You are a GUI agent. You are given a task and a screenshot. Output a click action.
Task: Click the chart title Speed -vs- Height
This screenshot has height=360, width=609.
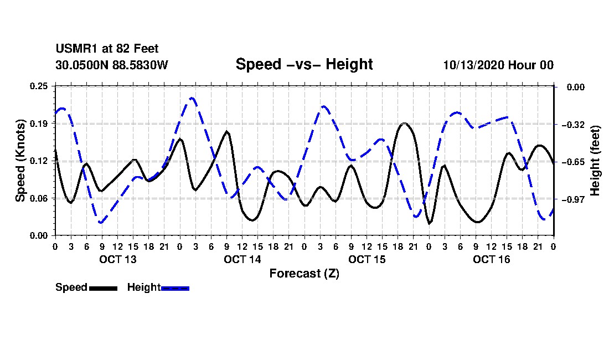pyautogui.click(x=304, y=64)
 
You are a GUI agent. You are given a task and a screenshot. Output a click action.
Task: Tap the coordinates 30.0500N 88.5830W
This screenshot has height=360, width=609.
pyautogui.click(x=111, y=65)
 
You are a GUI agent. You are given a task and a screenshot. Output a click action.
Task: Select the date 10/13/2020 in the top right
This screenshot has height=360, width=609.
pyautogui.click(x=473, y=65)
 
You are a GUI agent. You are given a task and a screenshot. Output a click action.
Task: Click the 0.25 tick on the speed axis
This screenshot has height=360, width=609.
pyautogui.click(x=39, y=86)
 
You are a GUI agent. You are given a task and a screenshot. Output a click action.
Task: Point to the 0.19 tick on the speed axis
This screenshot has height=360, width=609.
pyautogui.click(x=39, y=124)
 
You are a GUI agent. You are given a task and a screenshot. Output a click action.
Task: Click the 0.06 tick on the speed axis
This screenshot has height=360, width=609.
pyautogui.click(x=39, y=198)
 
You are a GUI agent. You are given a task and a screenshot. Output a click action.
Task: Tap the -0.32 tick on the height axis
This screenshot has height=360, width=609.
pyautogui.click(x=573, y=125)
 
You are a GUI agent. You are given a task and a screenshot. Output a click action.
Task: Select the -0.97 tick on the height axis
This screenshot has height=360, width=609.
pyautogui.click(x=573, y=199)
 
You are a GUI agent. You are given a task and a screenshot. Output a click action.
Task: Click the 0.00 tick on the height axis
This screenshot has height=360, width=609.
pyautogui.click(x=576, y=87)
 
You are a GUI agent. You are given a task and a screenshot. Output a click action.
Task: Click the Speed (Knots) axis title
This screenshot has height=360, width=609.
pyautogui.click(x=20, y=161)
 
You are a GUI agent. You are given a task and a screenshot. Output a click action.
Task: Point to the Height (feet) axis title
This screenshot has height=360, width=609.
pyautogui.click(x=595, y=161)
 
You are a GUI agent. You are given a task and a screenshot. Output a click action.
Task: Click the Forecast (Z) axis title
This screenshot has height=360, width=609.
pyautogui.click(x=304, y=274)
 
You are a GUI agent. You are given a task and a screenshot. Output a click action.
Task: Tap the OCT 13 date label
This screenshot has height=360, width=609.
pyautogui.click(x=118, y=259)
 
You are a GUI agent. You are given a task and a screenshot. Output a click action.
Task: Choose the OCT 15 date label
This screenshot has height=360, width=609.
pyautogui.click(x=367, y=259)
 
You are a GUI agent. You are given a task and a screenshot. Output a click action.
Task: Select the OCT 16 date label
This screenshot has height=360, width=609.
pyautogui.click(x=491, y=259)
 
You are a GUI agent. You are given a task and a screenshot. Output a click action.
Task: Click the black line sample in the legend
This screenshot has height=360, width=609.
pyautogui.click(x=104, y=288)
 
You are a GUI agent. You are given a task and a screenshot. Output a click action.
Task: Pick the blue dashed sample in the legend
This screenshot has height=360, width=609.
pyautogui.click(x=175, y=288)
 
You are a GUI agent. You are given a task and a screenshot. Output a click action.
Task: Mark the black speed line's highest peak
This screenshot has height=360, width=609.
pyautogui.click(x=405, y=124)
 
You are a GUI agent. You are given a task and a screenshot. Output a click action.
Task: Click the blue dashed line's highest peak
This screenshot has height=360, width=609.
pyautogui.click(x=192, y=98)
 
